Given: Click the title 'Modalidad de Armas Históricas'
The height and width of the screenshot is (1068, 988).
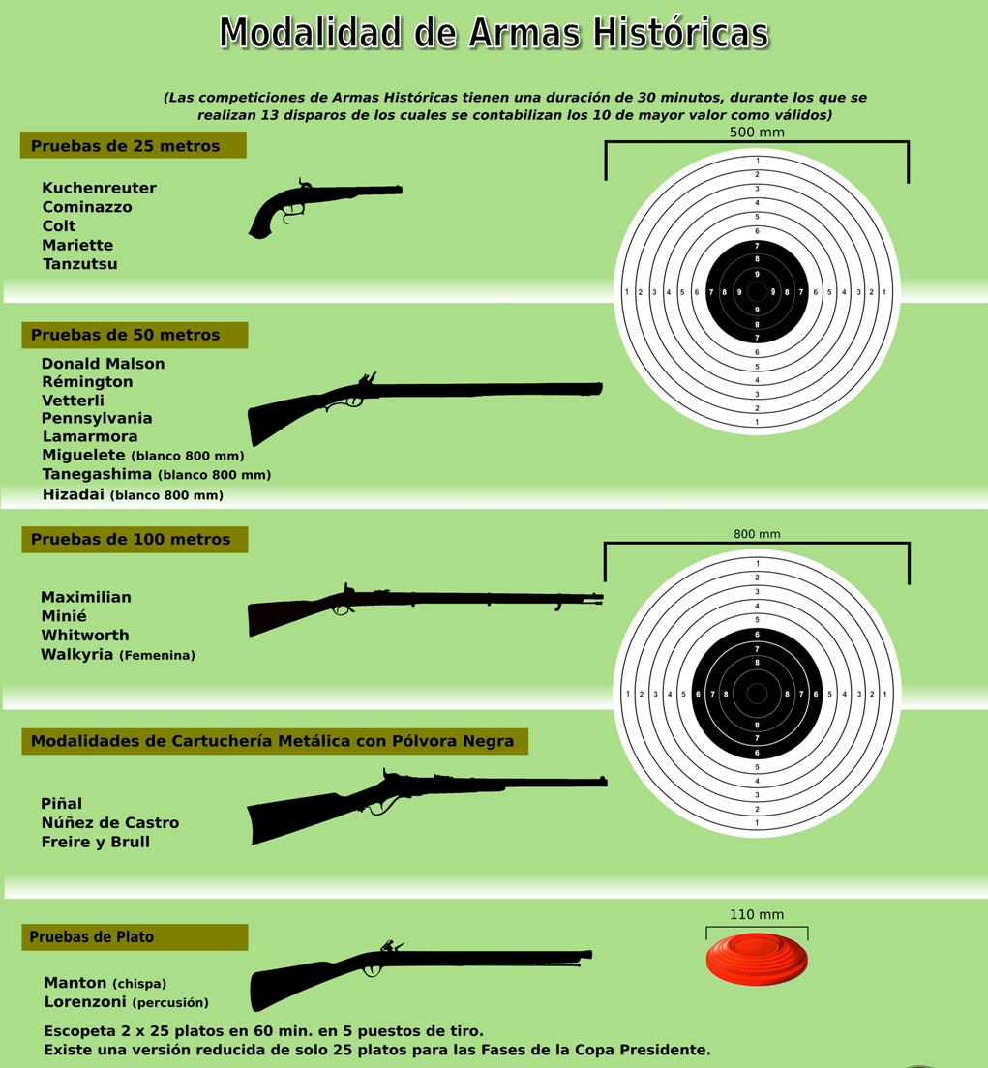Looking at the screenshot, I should click(494, 33).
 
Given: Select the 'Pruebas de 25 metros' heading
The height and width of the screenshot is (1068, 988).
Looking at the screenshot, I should click(126, 146).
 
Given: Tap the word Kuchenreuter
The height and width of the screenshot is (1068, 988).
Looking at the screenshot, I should click(99, 188).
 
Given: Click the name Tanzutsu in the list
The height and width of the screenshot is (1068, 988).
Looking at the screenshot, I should click(79, 264).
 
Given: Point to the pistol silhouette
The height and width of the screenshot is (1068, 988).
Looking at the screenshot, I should click(319, 206).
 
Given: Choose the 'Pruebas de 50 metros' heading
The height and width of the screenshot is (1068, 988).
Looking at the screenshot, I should click(126, 335).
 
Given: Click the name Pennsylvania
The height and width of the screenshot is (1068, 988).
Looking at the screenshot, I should click(97, 418).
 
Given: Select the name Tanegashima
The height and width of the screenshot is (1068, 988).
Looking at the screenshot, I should click(97, 474).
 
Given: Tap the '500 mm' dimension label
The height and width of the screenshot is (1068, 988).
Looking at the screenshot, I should click(757, 132).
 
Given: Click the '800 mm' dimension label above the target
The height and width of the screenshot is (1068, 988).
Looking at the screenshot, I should click(757, 534).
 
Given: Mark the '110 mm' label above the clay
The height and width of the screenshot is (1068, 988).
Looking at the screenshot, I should click(757, 914).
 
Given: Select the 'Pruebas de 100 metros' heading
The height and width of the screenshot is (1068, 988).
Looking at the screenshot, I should click(131, 539).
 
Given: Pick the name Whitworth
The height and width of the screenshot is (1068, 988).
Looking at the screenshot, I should click(85, 636).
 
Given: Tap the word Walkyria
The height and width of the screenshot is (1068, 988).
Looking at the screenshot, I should click(77, 655).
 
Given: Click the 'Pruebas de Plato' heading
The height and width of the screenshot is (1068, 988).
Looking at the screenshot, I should click(92, 936).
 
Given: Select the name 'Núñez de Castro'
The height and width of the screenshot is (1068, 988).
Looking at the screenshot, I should click(110, 822).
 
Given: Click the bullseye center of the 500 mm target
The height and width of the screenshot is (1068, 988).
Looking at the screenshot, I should click(757, 291).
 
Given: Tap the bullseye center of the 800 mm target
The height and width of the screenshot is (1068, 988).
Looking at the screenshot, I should click(757, 693).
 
